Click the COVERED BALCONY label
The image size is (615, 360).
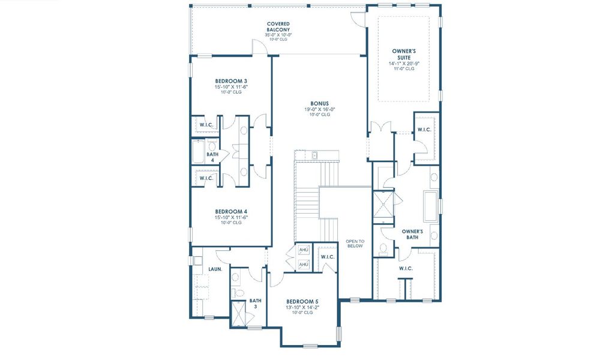click(278, 26)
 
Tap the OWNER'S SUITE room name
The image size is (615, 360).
click(403, 55)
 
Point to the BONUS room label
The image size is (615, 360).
click(319, 103)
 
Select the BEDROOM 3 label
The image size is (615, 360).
click(231, 81)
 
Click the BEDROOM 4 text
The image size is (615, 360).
click(231, 211)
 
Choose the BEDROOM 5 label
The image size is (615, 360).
click(302, 301)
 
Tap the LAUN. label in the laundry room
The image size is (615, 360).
click(215, 269)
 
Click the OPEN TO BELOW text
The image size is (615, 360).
click(355, 244)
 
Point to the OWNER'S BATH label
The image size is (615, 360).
click(412, 234)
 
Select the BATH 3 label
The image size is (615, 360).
click(256, 304)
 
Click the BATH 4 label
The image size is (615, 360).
click(212, 157)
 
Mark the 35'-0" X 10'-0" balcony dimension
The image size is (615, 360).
click(278, 35)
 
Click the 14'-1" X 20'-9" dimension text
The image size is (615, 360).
click(403, 63)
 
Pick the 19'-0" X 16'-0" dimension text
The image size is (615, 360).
click(319, 109)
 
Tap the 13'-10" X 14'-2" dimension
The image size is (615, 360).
click(302, 307)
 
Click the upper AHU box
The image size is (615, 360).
click(304, 250)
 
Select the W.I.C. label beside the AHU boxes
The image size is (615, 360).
click(328, 257)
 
